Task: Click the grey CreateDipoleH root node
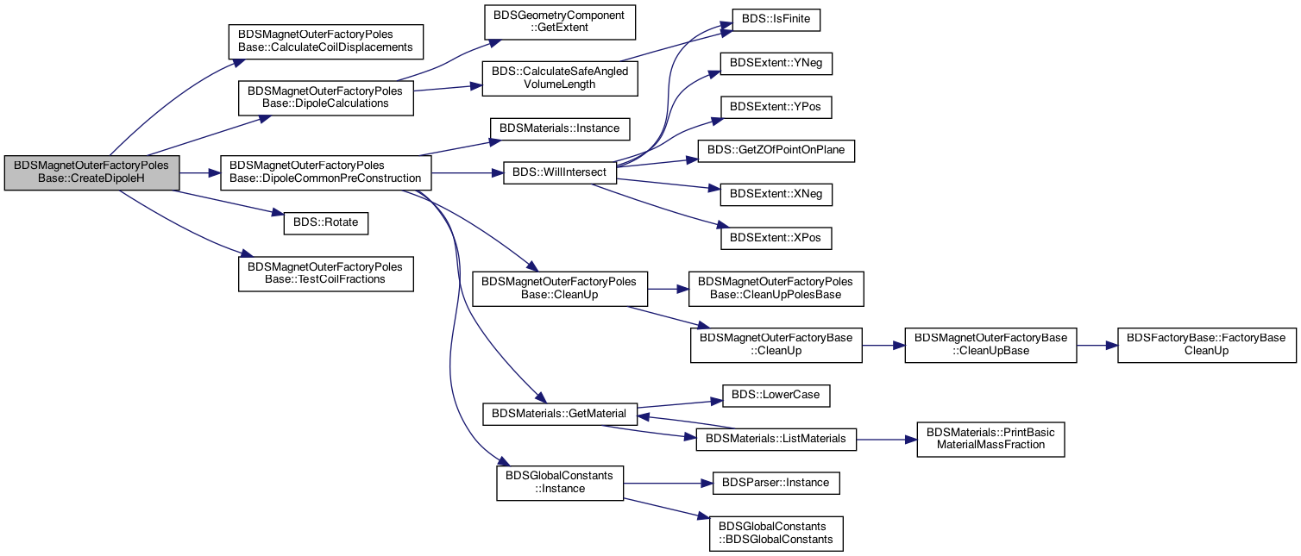91,172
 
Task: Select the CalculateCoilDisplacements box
326,41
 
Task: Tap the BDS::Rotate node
326,223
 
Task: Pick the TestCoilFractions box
326,273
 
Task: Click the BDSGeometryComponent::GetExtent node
560,22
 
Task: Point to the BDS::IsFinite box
776,19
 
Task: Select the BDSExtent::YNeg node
776,63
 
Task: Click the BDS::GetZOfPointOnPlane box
776,151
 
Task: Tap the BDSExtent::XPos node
776,239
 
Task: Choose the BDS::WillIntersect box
560,173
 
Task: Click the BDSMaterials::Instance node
560,128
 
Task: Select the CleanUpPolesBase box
776,289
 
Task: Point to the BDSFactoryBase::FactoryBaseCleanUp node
1207,346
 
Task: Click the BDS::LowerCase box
776,396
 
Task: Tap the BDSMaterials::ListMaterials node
776,440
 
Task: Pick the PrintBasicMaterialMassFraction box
991,440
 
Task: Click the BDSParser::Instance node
776,484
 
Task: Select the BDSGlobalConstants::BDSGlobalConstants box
776,534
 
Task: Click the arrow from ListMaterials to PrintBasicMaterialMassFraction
887,440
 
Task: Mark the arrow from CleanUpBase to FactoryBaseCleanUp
1097,346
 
